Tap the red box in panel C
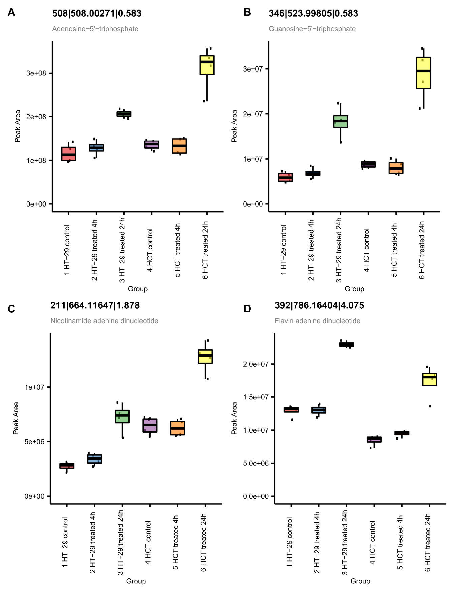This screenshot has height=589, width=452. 67,466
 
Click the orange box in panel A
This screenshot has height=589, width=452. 179,146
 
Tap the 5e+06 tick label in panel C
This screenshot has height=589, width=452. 34,442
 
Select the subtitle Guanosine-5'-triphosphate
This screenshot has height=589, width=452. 312,29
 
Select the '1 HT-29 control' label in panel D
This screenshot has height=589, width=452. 289,542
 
